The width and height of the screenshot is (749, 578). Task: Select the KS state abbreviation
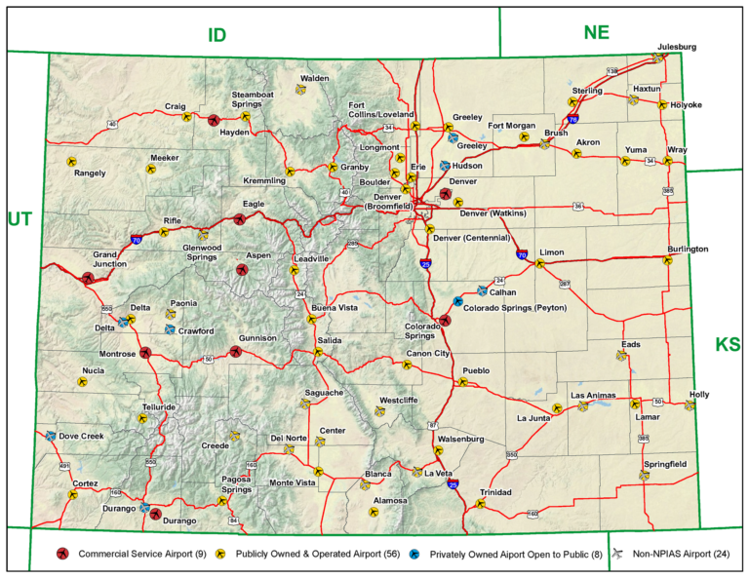[728, 344]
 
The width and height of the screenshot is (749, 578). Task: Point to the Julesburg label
[677, 47]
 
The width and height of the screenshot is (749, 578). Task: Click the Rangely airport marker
[71, 162]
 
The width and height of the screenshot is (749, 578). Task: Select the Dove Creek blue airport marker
[51, 436]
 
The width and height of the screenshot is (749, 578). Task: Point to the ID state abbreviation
[217, 35]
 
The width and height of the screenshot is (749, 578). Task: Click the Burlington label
[689, 249]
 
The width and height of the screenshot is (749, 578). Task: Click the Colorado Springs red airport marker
[446, 320]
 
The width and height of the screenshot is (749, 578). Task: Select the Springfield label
[663, 464]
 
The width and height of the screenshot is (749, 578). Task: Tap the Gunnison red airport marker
[235, 351]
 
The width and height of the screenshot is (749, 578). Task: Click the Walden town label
[314, 78]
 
